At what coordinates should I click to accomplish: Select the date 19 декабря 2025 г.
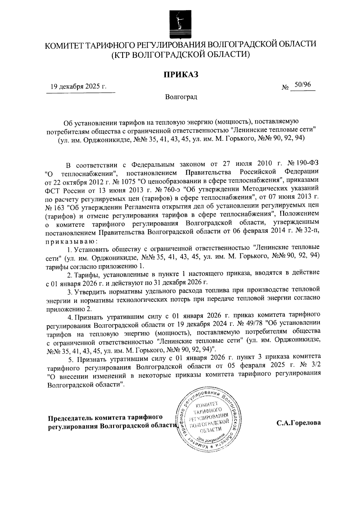(79, 87)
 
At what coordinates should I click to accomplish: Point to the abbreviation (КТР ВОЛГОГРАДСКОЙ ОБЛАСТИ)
(181, 55)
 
